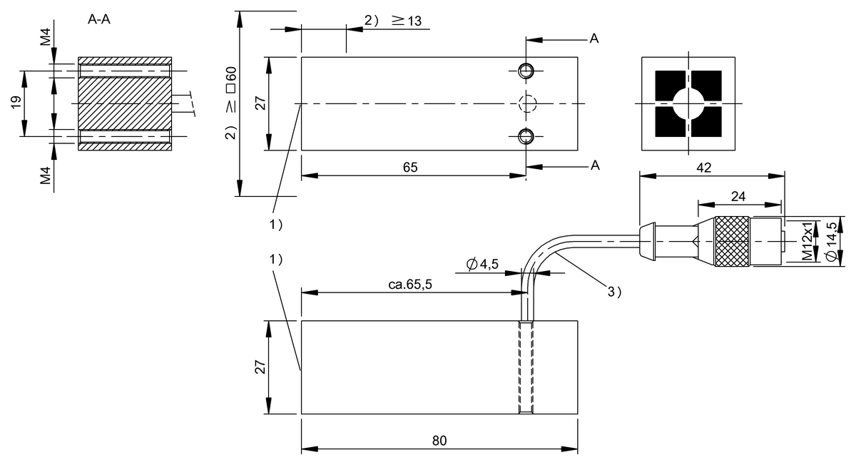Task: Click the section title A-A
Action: pos(98,20)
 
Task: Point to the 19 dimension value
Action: pos(16,103)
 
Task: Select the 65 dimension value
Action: pos(410,167)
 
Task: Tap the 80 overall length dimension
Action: pos(439,441)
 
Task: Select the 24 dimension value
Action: pos(739,195)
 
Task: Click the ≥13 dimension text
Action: pos(407,21)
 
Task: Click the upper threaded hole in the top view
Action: pos(526,70)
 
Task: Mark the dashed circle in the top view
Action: pos(526,103)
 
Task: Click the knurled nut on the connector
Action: pos(733,242)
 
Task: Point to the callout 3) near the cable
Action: pos(615,291)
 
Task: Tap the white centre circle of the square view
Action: pos(688,104)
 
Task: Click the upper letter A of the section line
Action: pos(593,39)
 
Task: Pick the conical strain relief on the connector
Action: pos(646,241)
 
